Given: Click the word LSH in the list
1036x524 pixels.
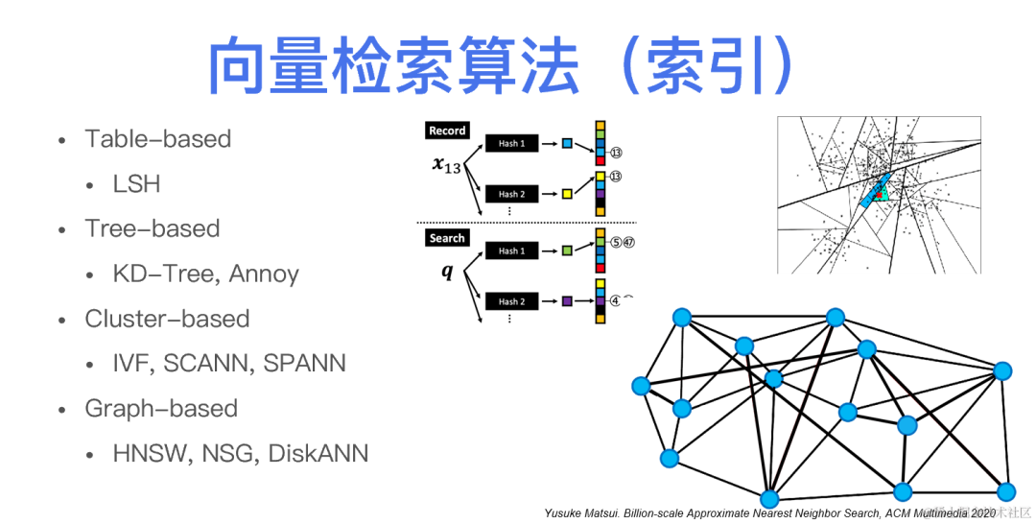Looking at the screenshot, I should (136, 183).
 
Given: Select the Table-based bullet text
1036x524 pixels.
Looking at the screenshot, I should (158, 138).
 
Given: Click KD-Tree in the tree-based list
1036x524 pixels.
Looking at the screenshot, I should (165, 274).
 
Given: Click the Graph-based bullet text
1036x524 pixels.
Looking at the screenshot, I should (161, 408).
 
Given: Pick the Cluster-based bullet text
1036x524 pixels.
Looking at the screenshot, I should (167, 319).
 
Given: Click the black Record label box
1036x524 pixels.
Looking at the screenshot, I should (447, 131).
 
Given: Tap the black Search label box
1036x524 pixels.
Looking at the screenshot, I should (447, 238).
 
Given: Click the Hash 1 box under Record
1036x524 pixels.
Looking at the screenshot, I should (511, 143).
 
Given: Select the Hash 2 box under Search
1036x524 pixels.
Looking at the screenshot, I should (511, 301).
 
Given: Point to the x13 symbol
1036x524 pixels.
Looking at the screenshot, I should (446, 165).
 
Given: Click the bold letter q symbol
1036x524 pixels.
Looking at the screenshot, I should (446, 272).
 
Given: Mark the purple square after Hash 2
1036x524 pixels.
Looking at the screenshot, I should (567, 301).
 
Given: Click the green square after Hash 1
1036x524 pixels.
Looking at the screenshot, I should (567, 250).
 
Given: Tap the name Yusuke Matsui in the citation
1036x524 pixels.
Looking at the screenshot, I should (581, 513).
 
